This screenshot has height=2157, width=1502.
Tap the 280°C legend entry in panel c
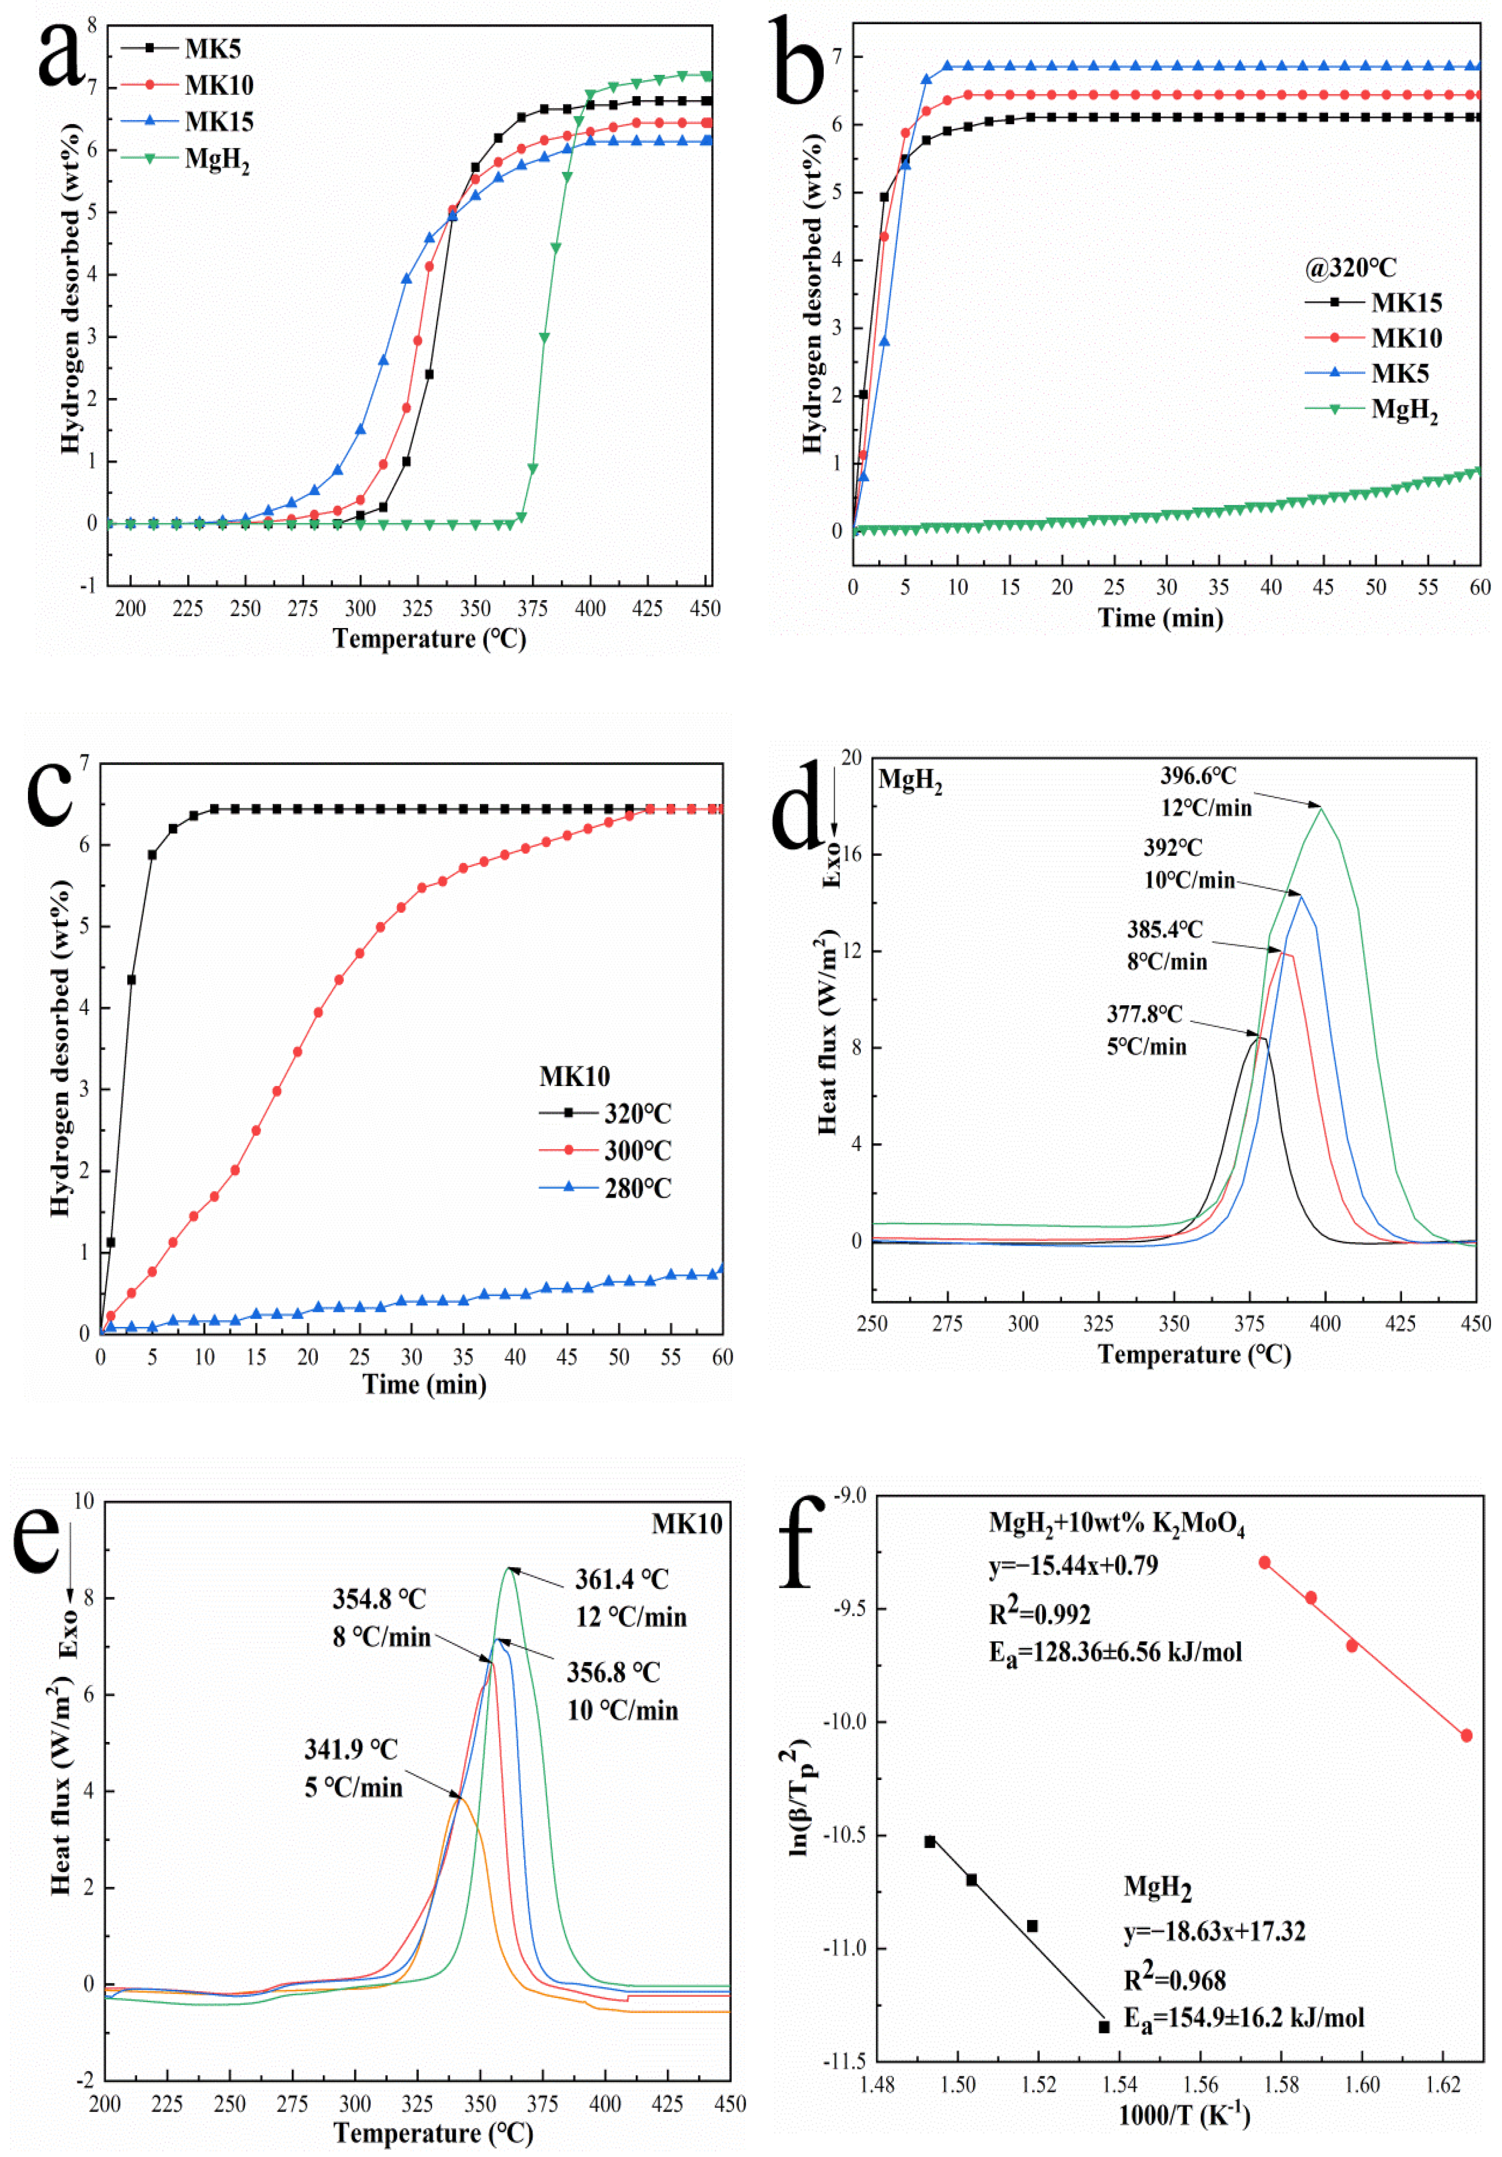point(637,1188)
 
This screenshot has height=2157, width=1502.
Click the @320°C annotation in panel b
point(1349,268)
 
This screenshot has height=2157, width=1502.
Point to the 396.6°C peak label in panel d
point(1197,776)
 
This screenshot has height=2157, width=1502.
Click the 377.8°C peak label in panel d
point(1144,1015)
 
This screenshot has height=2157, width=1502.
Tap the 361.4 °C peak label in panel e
point(622,1579)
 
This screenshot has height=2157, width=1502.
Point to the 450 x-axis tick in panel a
point(704,609)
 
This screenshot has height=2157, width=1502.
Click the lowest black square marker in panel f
point(1104,2027)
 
